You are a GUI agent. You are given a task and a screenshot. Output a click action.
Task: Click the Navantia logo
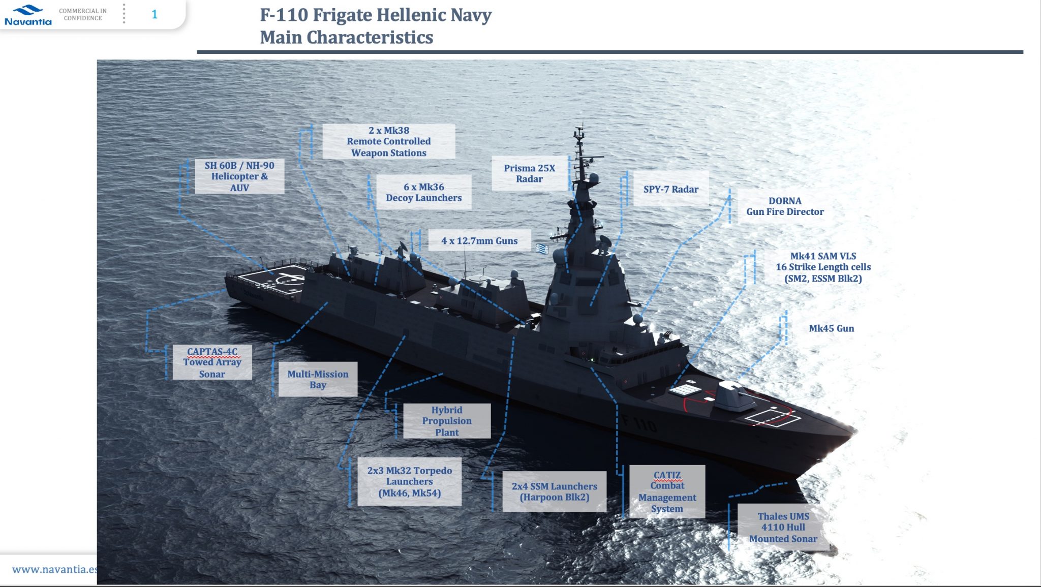(x=28, y=15)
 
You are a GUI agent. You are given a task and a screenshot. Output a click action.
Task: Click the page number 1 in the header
(x=155, y=15)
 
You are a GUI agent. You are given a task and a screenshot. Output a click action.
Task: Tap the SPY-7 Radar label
(x=671, y=189)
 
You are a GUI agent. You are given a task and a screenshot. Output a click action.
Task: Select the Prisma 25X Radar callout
(x=529, y=173)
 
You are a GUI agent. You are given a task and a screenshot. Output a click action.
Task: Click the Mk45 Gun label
(x=831, y=328)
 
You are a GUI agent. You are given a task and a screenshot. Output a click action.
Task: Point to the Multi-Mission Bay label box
(x=318, y=379)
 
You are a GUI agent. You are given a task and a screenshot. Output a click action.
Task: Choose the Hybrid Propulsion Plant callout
(x=447, y=421)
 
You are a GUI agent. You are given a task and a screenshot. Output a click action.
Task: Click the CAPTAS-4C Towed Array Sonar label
(x=212, y=362)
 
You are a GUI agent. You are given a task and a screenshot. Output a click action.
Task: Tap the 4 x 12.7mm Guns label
(x=479, y=241)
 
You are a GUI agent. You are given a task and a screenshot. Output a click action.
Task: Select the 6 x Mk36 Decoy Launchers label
(x=423, y=192)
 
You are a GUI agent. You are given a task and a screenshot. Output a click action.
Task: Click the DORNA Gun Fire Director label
(x=785, y=206)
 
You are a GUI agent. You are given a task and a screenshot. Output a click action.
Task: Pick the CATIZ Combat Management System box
(x=667, y=491)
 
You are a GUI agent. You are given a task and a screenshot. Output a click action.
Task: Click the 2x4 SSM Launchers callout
(x=555, y=491)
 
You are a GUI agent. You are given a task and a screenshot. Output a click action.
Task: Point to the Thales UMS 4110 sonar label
(x=783, y=527)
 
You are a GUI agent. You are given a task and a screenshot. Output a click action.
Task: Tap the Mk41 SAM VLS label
(x=823, y=267)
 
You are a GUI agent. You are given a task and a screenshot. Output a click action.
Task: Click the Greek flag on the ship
(x=542, y=249)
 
